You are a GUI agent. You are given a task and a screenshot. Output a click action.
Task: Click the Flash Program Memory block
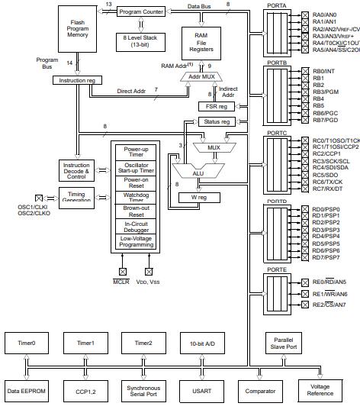pos(78,30)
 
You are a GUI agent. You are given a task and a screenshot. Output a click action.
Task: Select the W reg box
pos(195,198)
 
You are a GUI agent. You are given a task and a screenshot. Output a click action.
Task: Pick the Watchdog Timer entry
pos(136,196)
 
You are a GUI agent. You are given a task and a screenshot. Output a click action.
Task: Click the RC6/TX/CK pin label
pos(329,182)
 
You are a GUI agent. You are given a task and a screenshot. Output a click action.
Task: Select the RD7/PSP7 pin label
pos(326,257)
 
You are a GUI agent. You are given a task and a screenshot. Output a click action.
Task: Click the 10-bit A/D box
pos(196,344)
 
